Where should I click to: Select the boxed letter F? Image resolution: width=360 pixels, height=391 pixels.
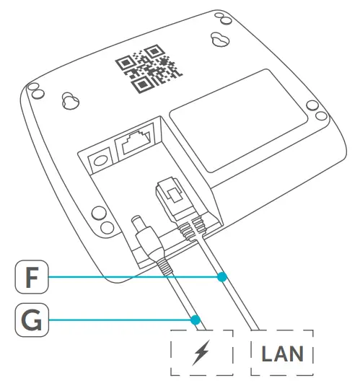[x=28, y=276]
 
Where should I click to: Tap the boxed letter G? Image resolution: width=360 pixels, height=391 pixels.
[x=28, y=317]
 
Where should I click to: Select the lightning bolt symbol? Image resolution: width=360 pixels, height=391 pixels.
[x=203, y=354]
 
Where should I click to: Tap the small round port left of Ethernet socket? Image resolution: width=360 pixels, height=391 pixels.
[x=97, y=159]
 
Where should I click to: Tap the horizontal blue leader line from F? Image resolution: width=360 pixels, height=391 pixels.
[x=137, y=276]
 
